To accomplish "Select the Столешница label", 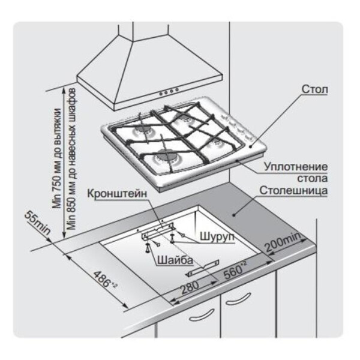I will [293, 192].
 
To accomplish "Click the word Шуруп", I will [215, 236].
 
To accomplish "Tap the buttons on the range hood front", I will [167, 91].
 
